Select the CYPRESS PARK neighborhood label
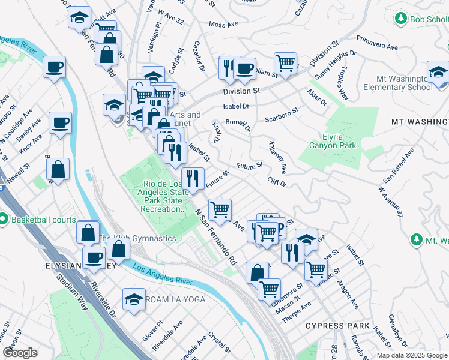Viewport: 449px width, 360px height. click(x=337, y=326)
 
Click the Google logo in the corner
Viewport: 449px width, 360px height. click(x=20, y=353)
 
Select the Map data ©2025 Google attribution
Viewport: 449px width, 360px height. click(x=412, y=355)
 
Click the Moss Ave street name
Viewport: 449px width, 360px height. click(x=224, y=25)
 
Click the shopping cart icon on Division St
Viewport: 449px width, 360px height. click(x=286, y=62)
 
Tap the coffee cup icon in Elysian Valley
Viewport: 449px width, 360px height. click(x=94, y=258)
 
